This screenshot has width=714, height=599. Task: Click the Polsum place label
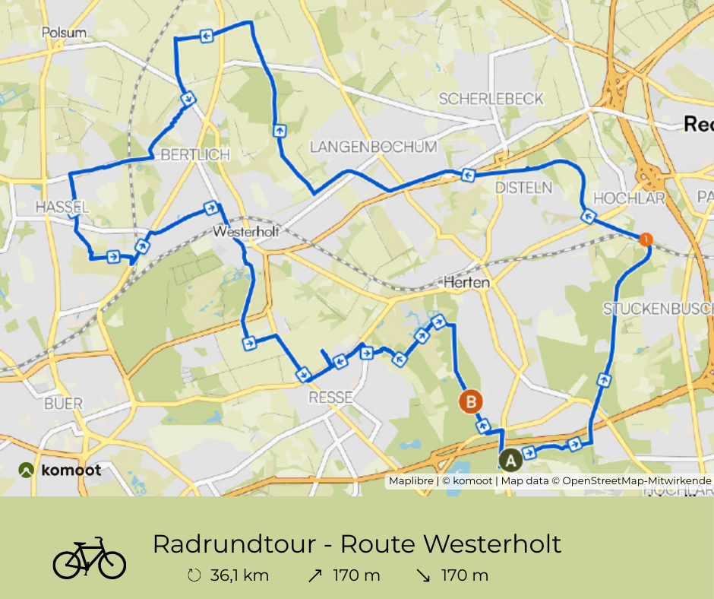tap(65, 33)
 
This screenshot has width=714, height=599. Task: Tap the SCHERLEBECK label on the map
tap(491, 99)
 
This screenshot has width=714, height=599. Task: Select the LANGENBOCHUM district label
tap(374, 147)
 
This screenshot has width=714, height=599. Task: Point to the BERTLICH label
tap(194, 155)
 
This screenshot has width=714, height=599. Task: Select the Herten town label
tap(466, 282)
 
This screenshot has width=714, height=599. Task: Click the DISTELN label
tap(522, 187)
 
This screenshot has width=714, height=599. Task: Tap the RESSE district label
tap(330, 397)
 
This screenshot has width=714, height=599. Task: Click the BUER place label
tap(63, 403)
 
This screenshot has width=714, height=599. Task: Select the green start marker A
tap(510, 459)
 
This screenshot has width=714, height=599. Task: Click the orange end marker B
tap(471, 401)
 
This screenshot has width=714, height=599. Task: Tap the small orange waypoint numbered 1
tap(645, 239)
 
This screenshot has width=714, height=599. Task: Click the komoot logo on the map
tap(60, 471)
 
